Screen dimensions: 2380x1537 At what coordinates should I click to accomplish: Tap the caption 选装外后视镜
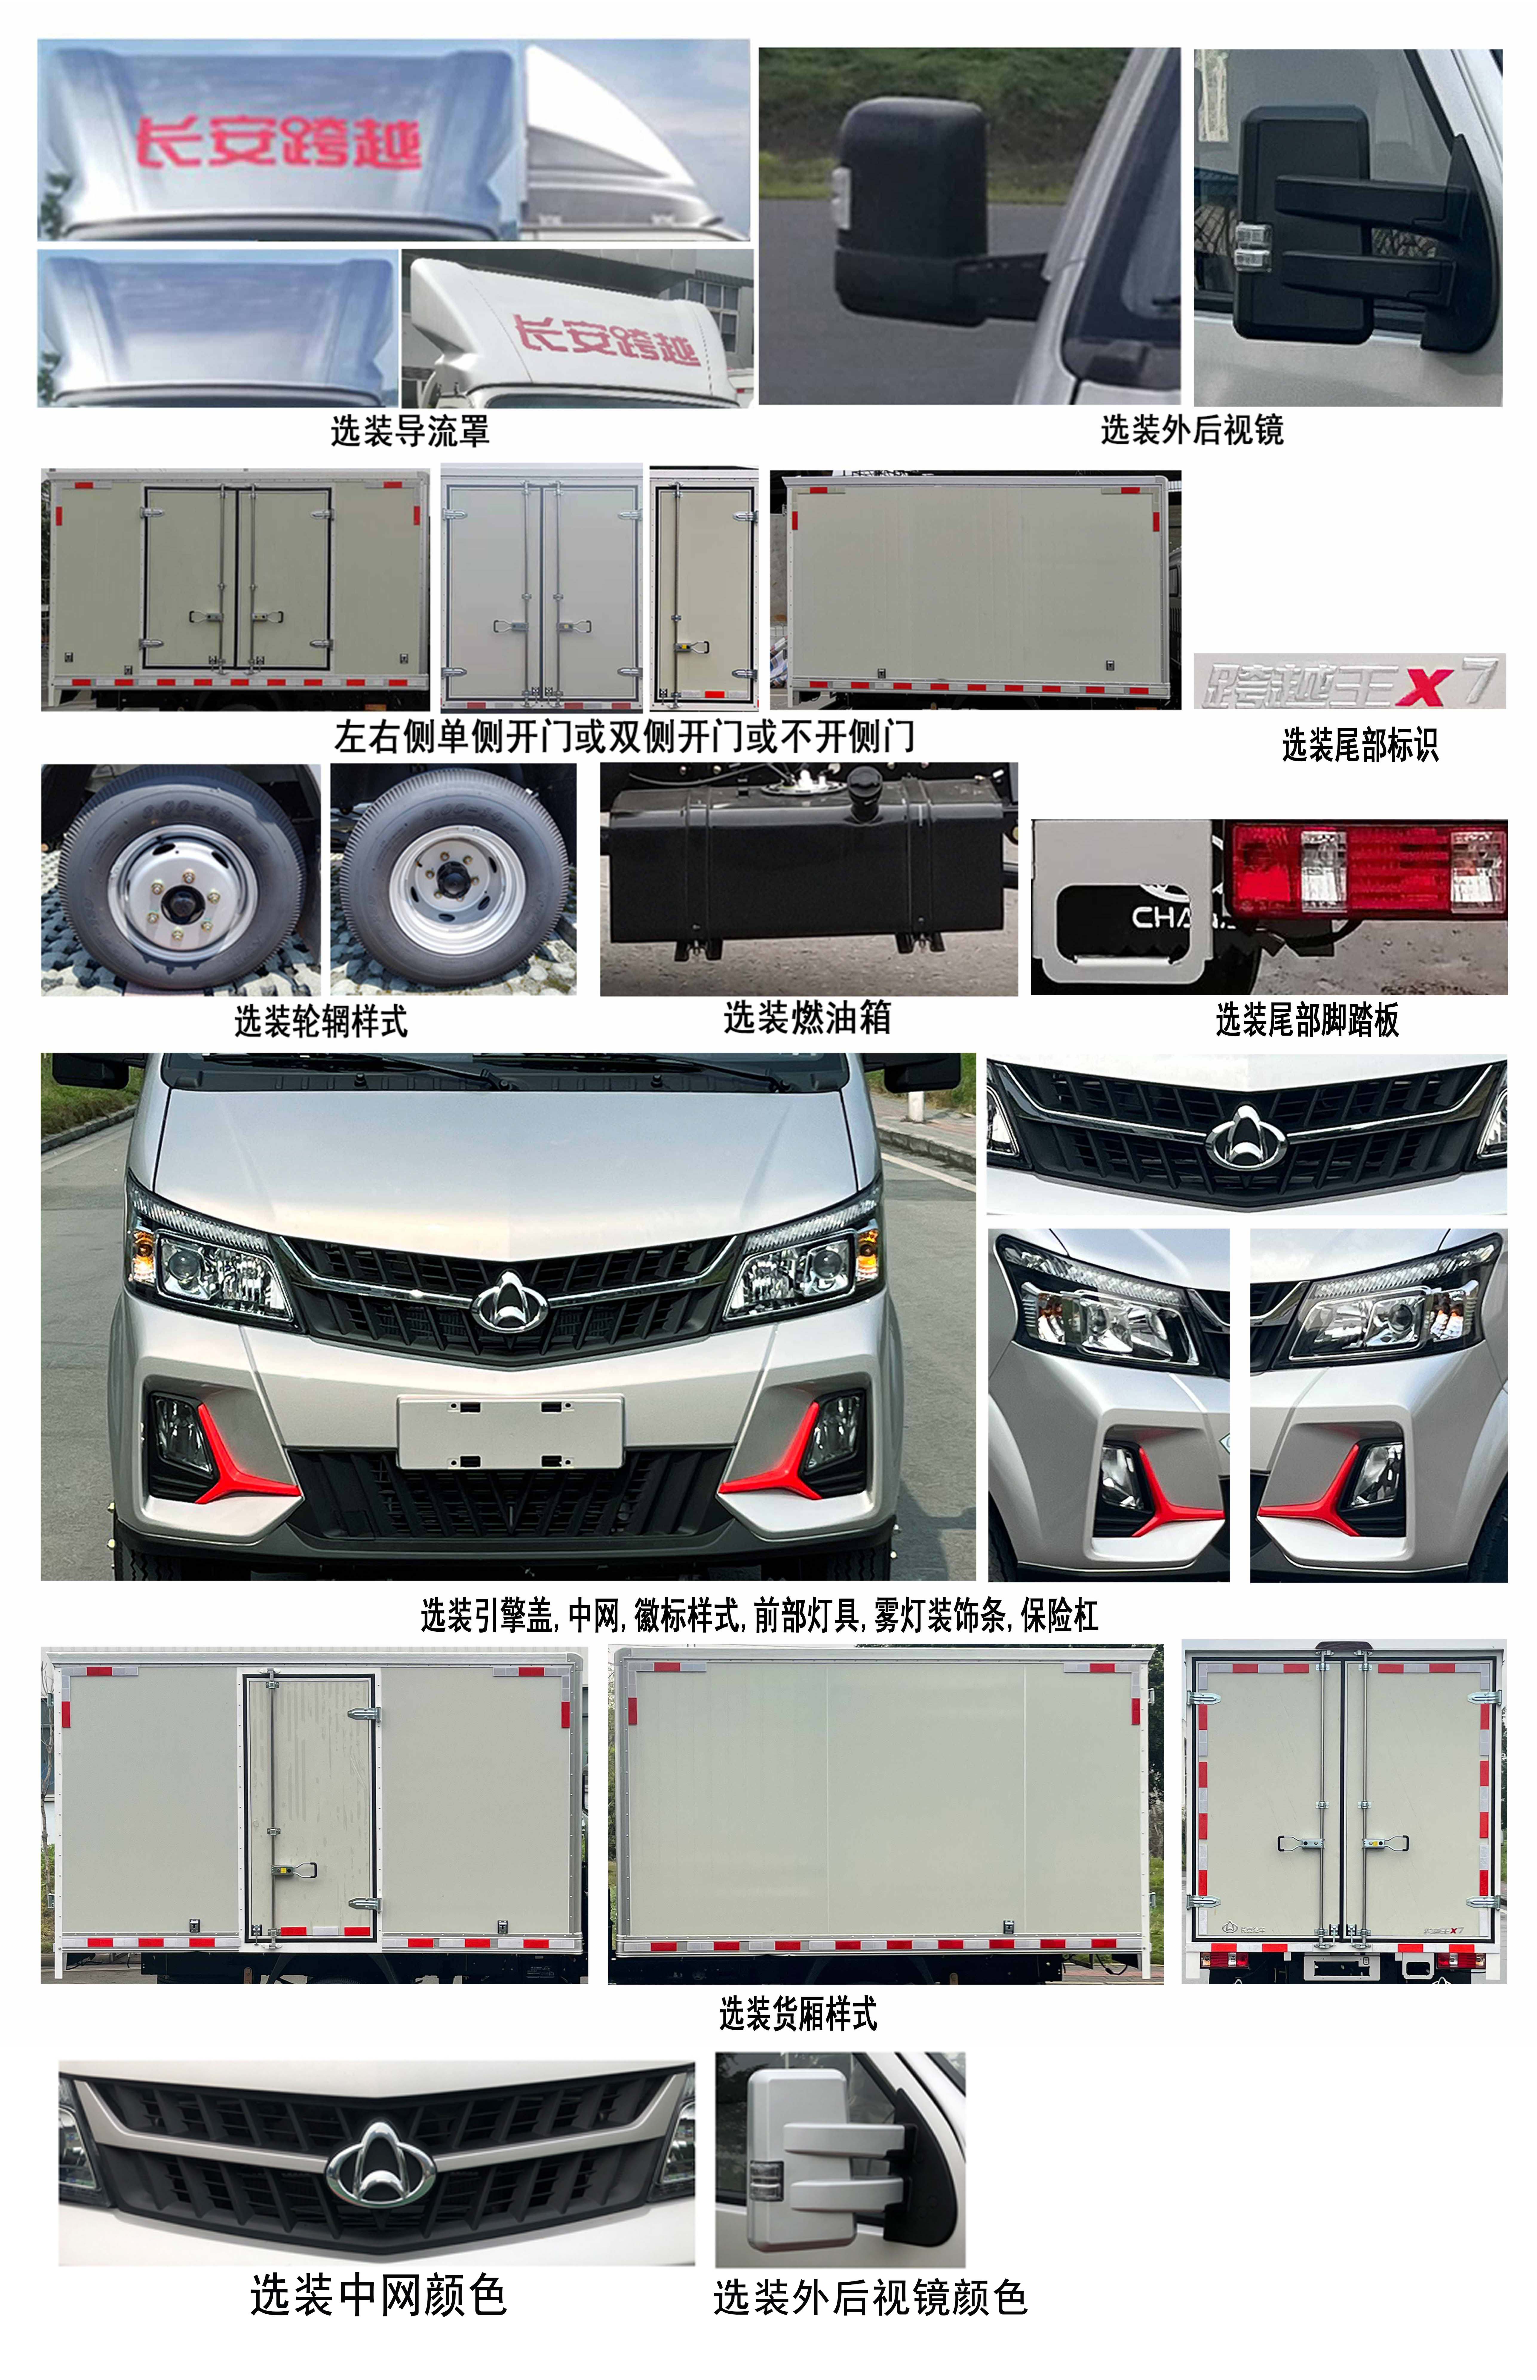[x=1192, y=430]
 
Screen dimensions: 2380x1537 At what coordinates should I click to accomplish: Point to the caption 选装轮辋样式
[x=320, y=1021]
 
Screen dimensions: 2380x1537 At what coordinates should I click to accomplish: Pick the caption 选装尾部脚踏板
[x=1306, y=1020]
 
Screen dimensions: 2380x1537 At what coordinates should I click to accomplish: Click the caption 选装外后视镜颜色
[x=869, y=2297]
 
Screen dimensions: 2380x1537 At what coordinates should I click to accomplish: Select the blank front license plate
[x=510, y=1432]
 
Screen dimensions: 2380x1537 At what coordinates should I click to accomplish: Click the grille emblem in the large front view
[x=510, y=1302]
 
